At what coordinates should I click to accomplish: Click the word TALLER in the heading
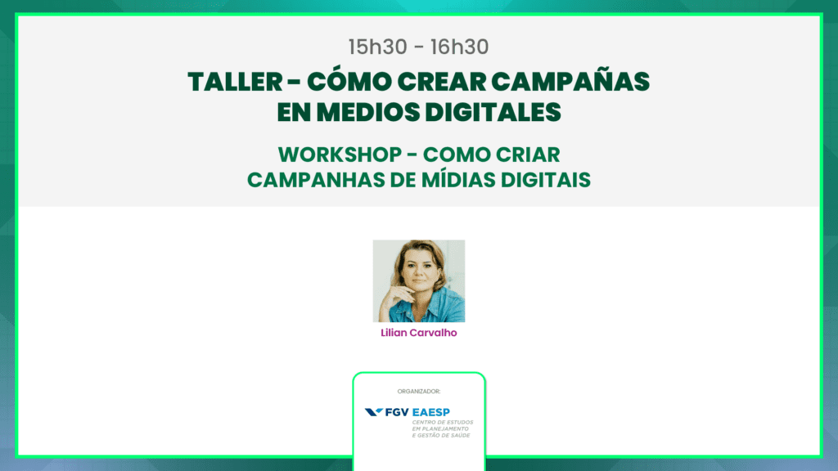[235, 83]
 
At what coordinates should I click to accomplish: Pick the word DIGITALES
[493, 113]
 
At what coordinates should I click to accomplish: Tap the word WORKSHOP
[340, 155]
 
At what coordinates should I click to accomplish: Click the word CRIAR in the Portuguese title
[526, 155]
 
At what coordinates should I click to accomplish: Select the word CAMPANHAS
[315, 180]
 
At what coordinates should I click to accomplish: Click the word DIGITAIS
[546, 180]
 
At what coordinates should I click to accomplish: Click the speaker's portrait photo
[419, 281]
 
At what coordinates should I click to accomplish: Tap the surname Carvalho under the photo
[434, 333]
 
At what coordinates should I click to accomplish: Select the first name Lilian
[394, 333]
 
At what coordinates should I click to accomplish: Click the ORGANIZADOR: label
[419, 392]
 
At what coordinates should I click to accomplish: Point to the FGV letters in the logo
[397, 412]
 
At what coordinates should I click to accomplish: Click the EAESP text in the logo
[431, 412]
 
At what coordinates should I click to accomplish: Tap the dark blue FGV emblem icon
[373, 412]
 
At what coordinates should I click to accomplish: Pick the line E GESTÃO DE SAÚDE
[441, 435]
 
